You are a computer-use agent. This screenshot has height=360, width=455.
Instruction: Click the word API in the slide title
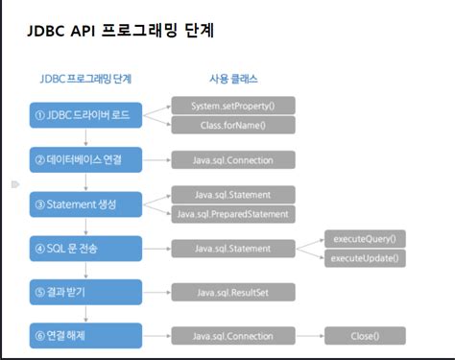83,31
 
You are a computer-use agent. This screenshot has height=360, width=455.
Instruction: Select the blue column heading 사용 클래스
233,79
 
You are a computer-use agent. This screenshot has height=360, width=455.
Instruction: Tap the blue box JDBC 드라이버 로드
85,115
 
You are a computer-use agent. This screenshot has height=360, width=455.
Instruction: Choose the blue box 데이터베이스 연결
85,159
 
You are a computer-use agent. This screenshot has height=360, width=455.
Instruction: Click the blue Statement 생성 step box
85,204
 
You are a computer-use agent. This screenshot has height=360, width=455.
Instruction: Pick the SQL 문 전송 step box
85,249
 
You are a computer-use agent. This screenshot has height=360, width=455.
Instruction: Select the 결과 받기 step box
85,292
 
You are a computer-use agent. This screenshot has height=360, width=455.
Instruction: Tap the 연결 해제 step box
85,335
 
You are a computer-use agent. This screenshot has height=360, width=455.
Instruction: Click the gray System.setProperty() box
233,106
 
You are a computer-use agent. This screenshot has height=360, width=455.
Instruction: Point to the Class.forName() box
233,125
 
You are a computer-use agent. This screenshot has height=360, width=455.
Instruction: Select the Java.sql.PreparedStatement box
233,214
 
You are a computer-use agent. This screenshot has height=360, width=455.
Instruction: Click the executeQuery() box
365,239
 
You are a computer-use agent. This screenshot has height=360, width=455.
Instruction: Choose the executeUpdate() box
365,258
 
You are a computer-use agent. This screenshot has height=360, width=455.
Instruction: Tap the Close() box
365,336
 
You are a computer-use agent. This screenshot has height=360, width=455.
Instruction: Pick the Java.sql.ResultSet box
233,292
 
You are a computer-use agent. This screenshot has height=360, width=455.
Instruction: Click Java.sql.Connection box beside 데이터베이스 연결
233,160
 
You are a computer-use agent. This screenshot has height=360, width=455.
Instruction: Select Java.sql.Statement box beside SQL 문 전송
233,249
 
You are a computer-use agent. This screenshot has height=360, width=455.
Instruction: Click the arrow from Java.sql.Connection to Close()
310,336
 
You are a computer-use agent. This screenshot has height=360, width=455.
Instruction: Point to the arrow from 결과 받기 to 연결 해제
85,314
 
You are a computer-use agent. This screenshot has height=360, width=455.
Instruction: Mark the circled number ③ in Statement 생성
39,204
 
